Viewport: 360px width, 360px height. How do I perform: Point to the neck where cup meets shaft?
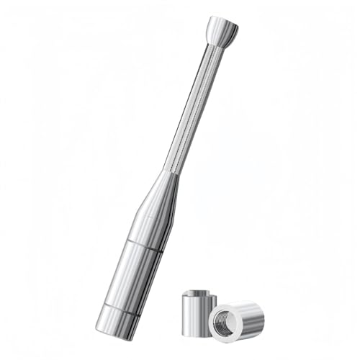(216, 45)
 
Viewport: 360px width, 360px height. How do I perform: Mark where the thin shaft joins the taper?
(173, 173)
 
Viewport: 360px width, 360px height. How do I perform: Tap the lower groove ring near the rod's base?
(118, 310)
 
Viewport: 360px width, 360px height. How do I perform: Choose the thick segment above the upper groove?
(150, 224)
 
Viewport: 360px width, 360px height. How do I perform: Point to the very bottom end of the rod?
(111, 336)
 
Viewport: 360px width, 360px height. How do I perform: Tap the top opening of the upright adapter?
(199, 292)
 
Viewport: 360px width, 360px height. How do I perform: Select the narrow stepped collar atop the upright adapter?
(199, 295)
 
